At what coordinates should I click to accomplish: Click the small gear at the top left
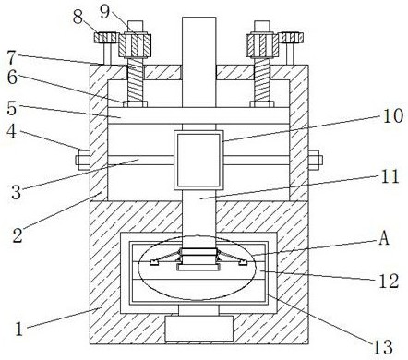104,38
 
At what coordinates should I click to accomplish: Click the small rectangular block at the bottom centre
198,328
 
